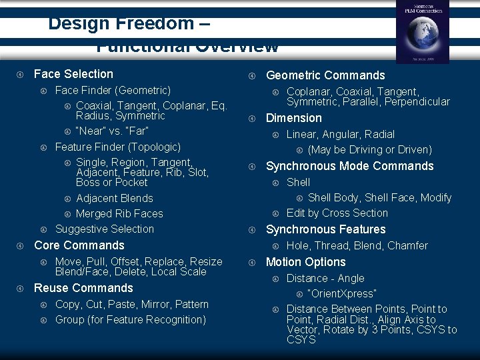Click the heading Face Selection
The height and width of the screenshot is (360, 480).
(73, 74)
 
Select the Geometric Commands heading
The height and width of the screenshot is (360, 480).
(325, 75)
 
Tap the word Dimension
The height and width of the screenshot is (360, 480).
(293, 118)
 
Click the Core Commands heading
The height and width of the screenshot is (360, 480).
(79, 245)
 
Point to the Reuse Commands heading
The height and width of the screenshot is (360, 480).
(83, 288)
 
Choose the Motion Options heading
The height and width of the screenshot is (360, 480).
(305, 262)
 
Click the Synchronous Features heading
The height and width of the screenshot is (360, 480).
(325, 229)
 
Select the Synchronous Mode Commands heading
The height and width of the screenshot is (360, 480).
(349, 166)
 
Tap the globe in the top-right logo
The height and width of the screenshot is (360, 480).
(421, 34)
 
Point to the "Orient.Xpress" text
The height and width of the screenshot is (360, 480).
(342, 294)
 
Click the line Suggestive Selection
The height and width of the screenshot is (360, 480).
(104, 229)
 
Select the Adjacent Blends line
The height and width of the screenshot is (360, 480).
(114, 198)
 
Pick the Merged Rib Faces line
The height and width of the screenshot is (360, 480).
(119, 213)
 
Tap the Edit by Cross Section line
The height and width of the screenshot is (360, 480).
(337, 213)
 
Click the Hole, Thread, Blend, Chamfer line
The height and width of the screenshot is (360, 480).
(357, 245)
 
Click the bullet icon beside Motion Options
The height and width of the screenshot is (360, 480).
(253, 263)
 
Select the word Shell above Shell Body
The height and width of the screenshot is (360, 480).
(298, 182)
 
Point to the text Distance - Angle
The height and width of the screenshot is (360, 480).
(325, 278)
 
